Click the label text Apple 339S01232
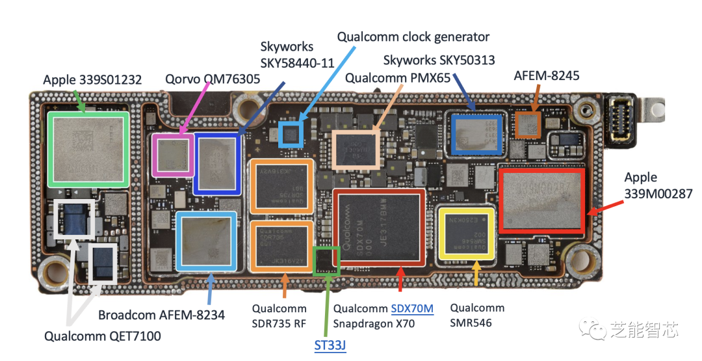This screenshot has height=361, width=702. [x=92, y=80]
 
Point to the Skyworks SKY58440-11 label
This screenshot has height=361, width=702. [x=297, y=55]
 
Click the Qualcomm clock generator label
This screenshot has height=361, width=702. [x=413, y=36]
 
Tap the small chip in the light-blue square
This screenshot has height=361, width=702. [x=291, y=133]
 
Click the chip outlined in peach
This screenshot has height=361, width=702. [x=355, y=151]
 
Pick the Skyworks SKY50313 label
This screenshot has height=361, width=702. [x=439, y=60]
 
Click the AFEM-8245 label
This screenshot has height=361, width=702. [x=546, y=76]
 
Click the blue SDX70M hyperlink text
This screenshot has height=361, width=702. [x=412, y=308]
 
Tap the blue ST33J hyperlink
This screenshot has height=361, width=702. [x=330, y=345]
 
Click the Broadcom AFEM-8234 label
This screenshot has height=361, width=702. [x=161, y=315]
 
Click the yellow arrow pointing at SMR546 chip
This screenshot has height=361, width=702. [x=478, y=273]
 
